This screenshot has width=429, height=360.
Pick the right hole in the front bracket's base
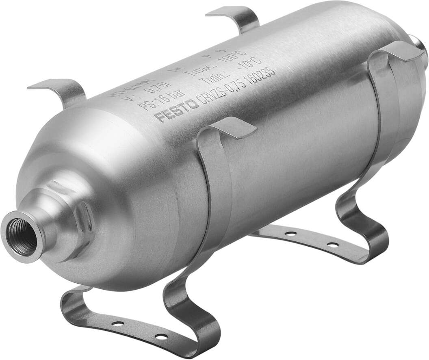162,336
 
